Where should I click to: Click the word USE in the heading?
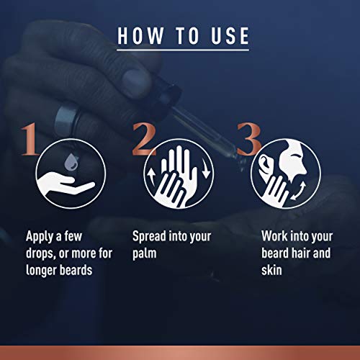228,35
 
